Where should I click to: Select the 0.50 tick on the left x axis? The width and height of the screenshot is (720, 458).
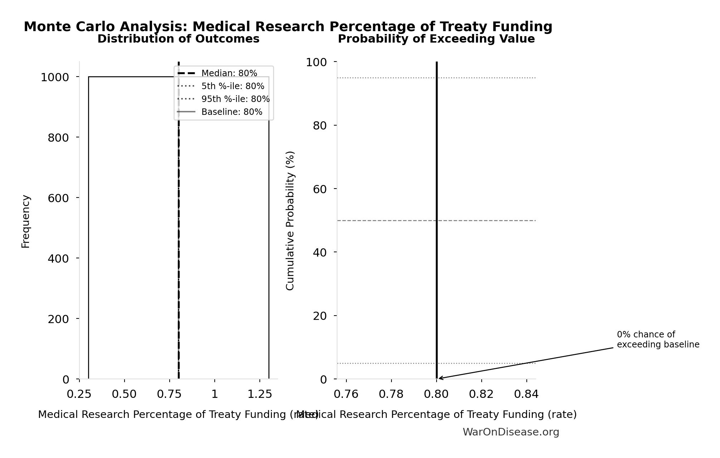tap(124, 394)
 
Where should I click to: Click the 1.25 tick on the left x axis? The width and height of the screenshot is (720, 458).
tap(260, 394)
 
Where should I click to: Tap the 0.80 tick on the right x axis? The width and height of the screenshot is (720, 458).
tap(436, 394)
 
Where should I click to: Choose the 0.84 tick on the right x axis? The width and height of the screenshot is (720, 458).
tap(526, 394)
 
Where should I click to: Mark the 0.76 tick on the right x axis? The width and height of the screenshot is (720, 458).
tap(346, 394)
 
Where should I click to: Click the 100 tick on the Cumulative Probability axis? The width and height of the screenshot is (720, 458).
tap(316, 62)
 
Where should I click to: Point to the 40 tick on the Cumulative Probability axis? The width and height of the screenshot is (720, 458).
tap(320, 253)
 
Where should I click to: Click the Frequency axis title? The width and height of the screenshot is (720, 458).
tap(26, 221)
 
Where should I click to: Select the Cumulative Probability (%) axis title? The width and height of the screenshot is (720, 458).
tap(290, 220)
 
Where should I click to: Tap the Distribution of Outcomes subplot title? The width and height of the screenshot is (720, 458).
tap(178, 39)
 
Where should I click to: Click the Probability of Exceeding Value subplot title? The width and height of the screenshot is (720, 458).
tap(436, 39)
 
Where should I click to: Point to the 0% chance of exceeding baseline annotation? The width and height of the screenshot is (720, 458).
tap(658, 340)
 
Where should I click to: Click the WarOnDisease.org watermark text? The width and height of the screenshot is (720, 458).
tap(511, 432)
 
